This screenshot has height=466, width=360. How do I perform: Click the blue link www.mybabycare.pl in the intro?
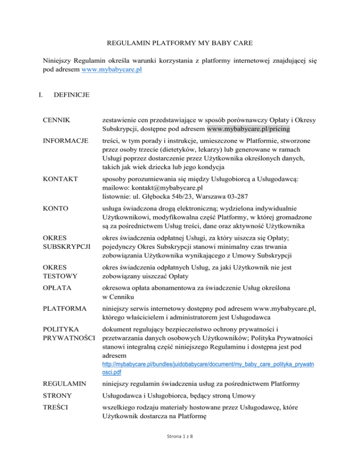pos(112,70)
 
